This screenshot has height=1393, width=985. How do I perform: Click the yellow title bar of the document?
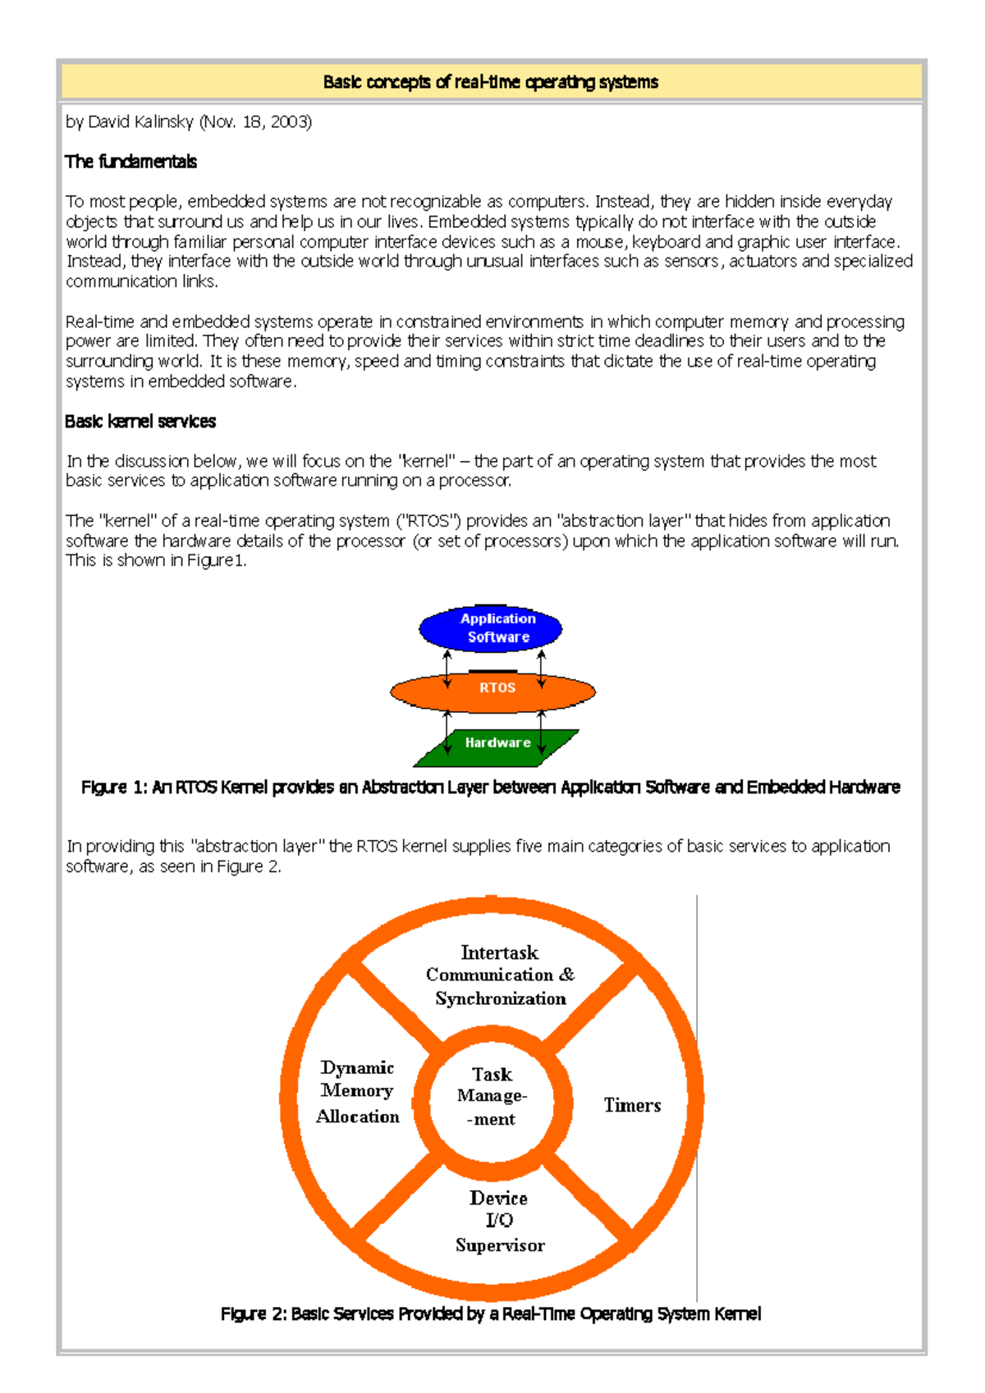coord(491,82)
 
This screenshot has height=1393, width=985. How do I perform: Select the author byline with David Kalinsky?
coord(188,122)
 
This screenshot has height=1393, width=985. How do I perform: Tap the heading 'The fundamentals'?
coord(131,162)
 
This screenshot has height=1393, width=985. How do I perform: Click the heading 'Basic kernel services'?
coord(140,422)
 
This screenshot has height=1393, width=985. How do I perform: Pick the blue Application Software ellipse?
coord(490,628)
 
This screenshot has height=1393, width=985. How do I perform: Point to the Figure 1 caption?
coord(490,788)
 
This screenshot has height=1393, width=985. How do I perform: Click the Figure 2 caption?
coord(490,1314)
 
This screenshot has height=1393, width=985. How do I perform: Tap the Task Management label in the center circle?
coord(492,1097)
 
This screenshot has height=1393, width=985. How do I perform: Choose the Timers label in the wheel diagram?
coord(632,1106)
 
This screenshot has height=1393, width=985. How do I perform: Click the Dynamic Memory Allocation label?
coord(358,1092)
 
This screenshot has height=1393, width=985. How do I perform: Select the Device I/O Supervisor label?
coord(499,1222)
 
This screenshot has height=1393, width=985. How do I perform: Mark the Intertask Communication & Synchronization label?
coord(500,975)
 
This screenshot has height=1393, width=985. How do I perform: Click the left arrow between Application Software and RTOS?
coord(447,669)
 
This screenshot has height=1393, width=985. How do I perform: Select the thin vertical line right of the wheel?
coord(697,1099)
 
